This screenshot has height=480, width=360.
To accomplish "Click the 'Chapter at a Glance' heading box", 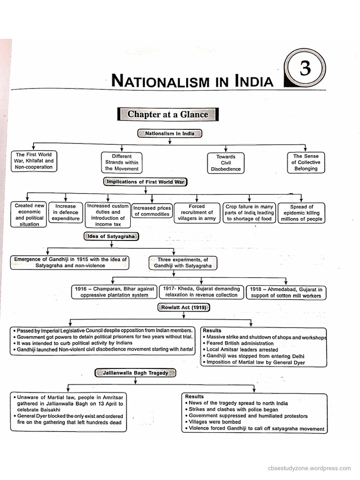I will click(168, 114).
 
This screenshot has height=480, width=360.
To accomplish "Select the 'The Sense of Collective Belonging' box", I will click(306, 162).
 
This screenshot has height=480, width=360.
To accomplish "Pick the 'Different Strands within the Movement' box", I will click(121, 162).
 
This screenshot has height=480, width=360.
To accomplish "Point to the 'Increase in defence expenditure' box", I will click(66, 212).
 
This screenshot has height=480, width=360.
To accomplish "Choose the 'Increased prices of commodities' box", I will click(152, 211).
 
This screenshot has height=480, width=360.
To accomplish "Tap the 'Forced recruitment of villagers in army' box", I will click(196, 212).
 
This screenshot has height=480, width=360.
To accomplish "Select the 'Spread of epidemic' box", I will click(301, 212).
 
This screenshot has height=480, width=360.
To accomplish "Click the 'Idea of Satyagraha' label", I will click(111, 236).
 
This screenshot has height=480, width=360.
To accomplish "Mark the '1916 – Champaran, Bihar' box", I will click(114, 292).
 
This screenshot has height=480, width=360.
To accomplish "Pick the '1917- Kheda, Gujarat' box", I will click(202, 292).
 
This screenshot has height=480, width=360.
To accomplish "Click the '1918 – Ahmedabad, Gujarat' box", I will click(285, 292).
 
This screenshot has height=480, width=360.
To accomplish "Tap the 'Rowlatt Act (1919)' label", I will click(183, 307).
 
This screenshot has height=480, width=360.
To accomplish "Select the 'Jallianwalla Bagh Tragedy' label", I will click(135, 373).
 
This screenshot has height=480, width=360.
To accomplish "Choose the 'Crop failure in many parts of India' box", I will click(249, 212).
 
